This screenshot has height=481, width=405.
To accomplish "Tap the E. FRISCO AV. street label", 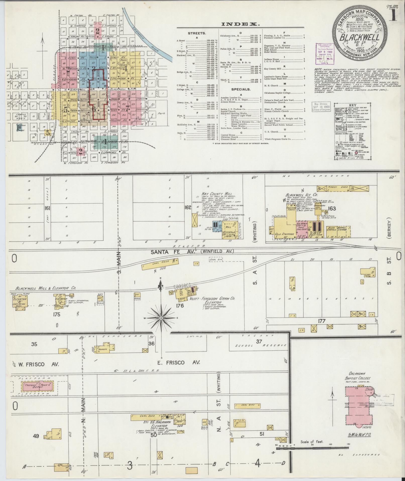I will coord(179,362).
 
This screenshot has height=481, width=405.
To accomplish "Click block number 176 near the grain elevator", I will coord(180,306).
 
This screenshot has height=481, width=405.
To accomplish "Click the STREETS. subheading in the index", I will coord(197,33).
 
